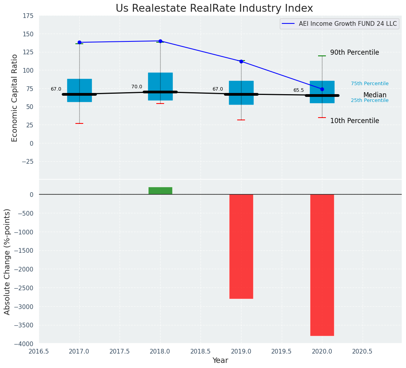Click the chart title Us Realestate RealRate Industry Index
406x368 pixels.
pyautogui.click(x=214, y=9)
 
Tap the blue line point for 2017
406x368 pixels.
pyautogui.click(x=79, y=42)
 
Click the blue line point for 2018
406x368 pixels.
pyautogui.click(x=160, y=41)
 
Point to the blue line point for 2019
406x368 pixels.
pyautogui.click(x=241, y=61)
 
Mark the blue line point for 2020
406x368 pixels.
pyautogui.click(x=322, y=89)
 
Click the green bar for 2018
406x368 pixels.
pyautogui.click(x=160, y=191)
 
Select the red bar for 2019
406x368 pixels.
pyautogui.click(x=241, y=246)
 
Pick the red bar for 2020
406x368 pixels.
pyautogui.click(x=322, y=265)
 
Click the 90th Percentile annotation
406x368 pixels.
pyautogui.click(x=354, y=52)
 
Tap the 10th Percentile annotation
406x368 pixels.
pyautogui.click(x=354, y=121)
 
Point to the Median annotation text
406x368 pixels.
pyautogui.click(x=375, y=95)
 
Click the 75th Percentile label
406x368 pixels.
pyautogui.click(x=370, y=84)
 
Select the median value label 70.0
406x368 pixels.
pyautogui.click(x=137, y=87)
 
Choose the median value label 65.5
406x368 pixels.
pyautogui.click(x=299, y=90)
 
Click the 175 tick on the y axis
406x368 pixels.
pyautogui.click(x=28, y=16)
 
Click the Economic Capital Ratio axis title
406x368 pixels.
pyautogui.click(x=15, y=98)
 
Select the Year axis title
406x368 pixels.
pyautogui.click(x=220, y=361)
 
